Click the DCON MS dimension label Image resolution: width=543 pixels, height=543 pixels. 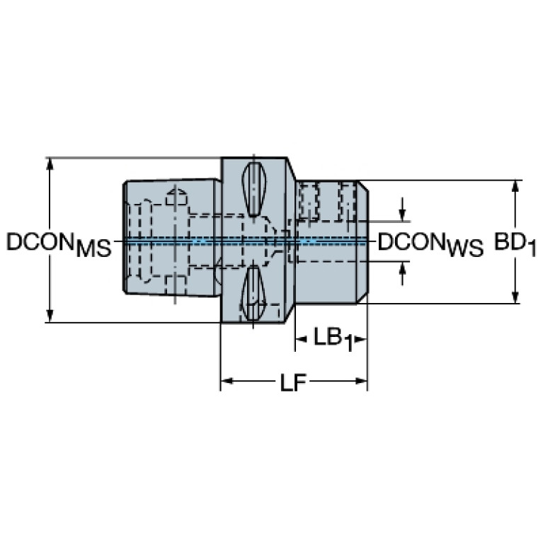pyautogui.click(x=59, y=244)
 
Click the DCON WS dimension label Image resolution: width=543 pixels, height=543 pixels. pyautogui.click(x=430, y=244)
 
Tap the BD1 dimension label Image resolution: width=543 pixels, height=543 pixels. pyautogui.click(x=515, y=244)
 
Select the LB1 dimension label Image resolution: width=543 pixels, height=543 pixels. pyautogui.click(x=333, y=339)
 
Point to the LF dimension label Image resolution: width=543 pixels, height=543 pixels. pyautogui.click(x=293, y=382)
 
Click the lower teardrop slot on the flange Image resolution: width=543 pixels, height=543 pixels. pyautogui.click(x=254, y=293)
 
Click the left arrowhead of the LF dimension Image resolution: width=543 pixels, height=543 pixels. pyautogui.click(x=227, y=382)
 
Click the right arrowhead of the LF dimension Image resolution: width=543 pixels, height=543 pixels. pyautogui.click(x=361, y=382)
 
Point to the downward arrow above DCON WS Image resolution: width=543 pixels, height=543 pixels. pyautogui.click(x=402, y=209)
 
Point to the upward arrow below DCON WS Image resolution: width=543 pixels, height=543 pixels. pyautogui.click(x=402, y=273)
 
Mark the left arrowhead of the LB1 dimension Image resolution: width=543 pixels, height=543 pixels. pyautogui.click(x=301, y=339)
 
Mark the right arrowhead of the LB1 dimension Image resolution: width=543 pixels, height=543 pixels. pyautogui.click(x=360, y=339)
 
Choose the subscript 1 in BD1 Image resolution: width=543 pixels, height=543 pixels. pyautogui.click(x=531, y=248)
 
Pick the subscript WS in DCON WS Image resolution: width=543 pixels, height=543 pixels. pyautogui.click(x=465, y=248)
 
